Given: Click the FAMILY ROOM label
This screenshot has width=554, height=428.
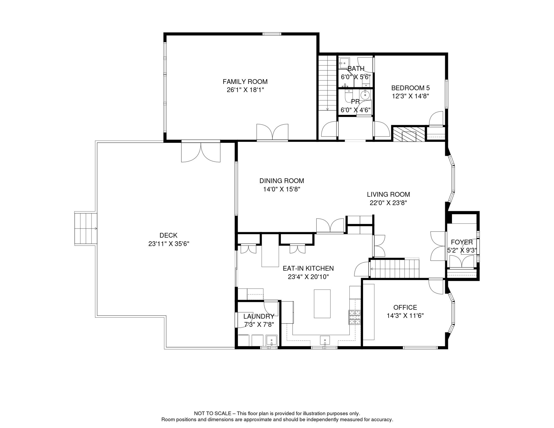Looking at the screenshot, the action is tap(245, 82).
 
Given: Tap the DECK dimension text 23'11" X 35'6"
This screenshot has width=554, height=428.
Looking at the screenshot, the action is tap(169, 244).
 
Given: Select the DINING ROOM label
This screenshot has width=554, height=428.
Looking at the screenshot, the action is tap(281, 181).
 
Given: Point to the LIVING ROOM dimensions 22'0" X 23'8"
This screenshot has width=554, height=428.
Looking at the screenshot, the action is tap(388, 203).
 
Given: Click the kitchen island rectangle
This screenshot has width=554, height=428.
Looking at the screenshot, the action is tap(322, 304).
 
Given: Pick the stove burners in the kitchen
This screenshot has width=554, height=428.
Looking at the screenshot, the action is tap(354, 317).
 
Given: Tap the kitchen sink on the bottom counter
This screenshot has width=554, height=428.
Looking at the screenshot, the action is tap(325, 341).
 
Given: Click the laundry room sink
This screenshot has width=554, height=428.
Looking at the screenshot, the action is tap(271, 341).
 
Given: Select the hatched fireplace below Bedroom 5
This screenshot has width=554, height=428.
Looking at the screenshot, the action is tap(409, 134).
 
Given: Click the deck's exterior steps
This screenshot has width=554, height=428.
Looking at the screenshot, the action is tap(86, 228).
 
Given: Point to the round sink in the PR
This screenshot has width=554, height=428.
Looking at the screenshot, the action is tap(365, 95).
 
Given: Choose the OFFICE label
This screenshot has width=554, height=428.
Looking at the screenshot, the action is tap(405, 307).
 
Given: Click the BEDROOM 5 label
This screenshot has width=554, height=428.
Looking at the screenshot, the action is tap(410, 88).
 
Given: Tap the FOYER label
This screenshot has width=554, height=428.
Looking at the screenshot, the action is tap(462, 242).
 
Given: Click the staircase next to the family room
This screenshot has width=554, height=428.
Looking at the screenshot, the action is tap(328, 83).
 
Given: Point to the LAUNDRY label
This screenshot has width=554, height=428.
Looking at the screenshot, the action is tap(259, 316).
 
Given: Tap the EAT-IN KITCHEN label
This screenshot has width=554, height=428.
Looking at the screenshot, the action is tap(308, 268).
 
